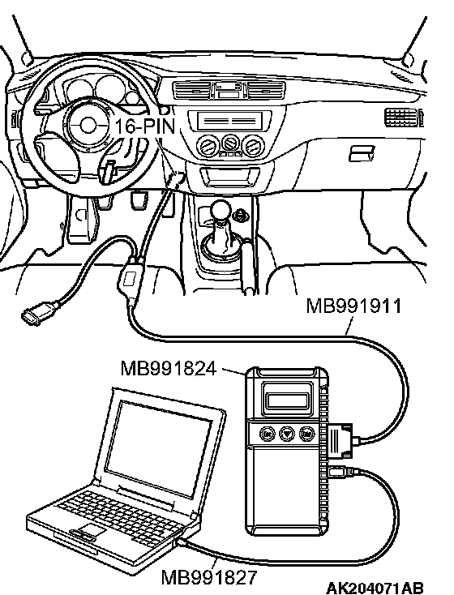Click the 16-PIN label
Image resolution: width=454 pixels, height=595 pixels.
pyautogui.click(x=145, y=126)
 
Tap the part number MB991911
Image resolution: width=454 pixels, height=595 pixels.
pyautogui.click(x=353, y=306)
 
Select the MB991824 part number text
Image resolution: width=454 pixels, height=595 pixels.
pyautogui.click(x=169, y=368)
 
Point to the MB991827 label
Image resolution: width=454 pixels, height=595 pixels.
pyautogui.click(x=209, y=577)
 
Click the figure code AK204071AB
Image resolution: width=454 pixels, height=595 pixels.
pyautogui.click(x=375, y=588)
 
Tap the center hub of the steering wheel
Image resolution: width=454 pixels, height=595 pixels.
pyautogui.click(x=88, y=125)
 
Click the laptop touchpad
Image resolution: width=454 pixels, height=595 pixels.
pyautogui.click(x=90, y=530)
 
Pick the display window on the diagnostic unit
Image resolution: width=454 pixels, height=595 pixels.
pyautogui.click(x=287, y=400)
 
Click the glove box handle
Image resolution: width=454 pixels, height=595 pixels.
pyautogui.click(x=361, y=153)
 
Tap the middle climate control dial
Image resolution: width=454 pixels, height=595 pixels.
pyautogui.click(x=229, y=144)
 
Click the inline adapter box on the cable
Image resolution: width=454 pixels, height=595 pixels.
pyautogui.click(x=129, y=280)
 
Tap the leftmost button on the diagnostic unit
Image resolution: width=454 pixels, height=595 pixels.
pyautogui.click(x=268, y=434)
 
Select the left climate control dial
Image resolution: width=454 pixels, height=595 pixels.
pyautogui.click(x=208, y=146)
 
